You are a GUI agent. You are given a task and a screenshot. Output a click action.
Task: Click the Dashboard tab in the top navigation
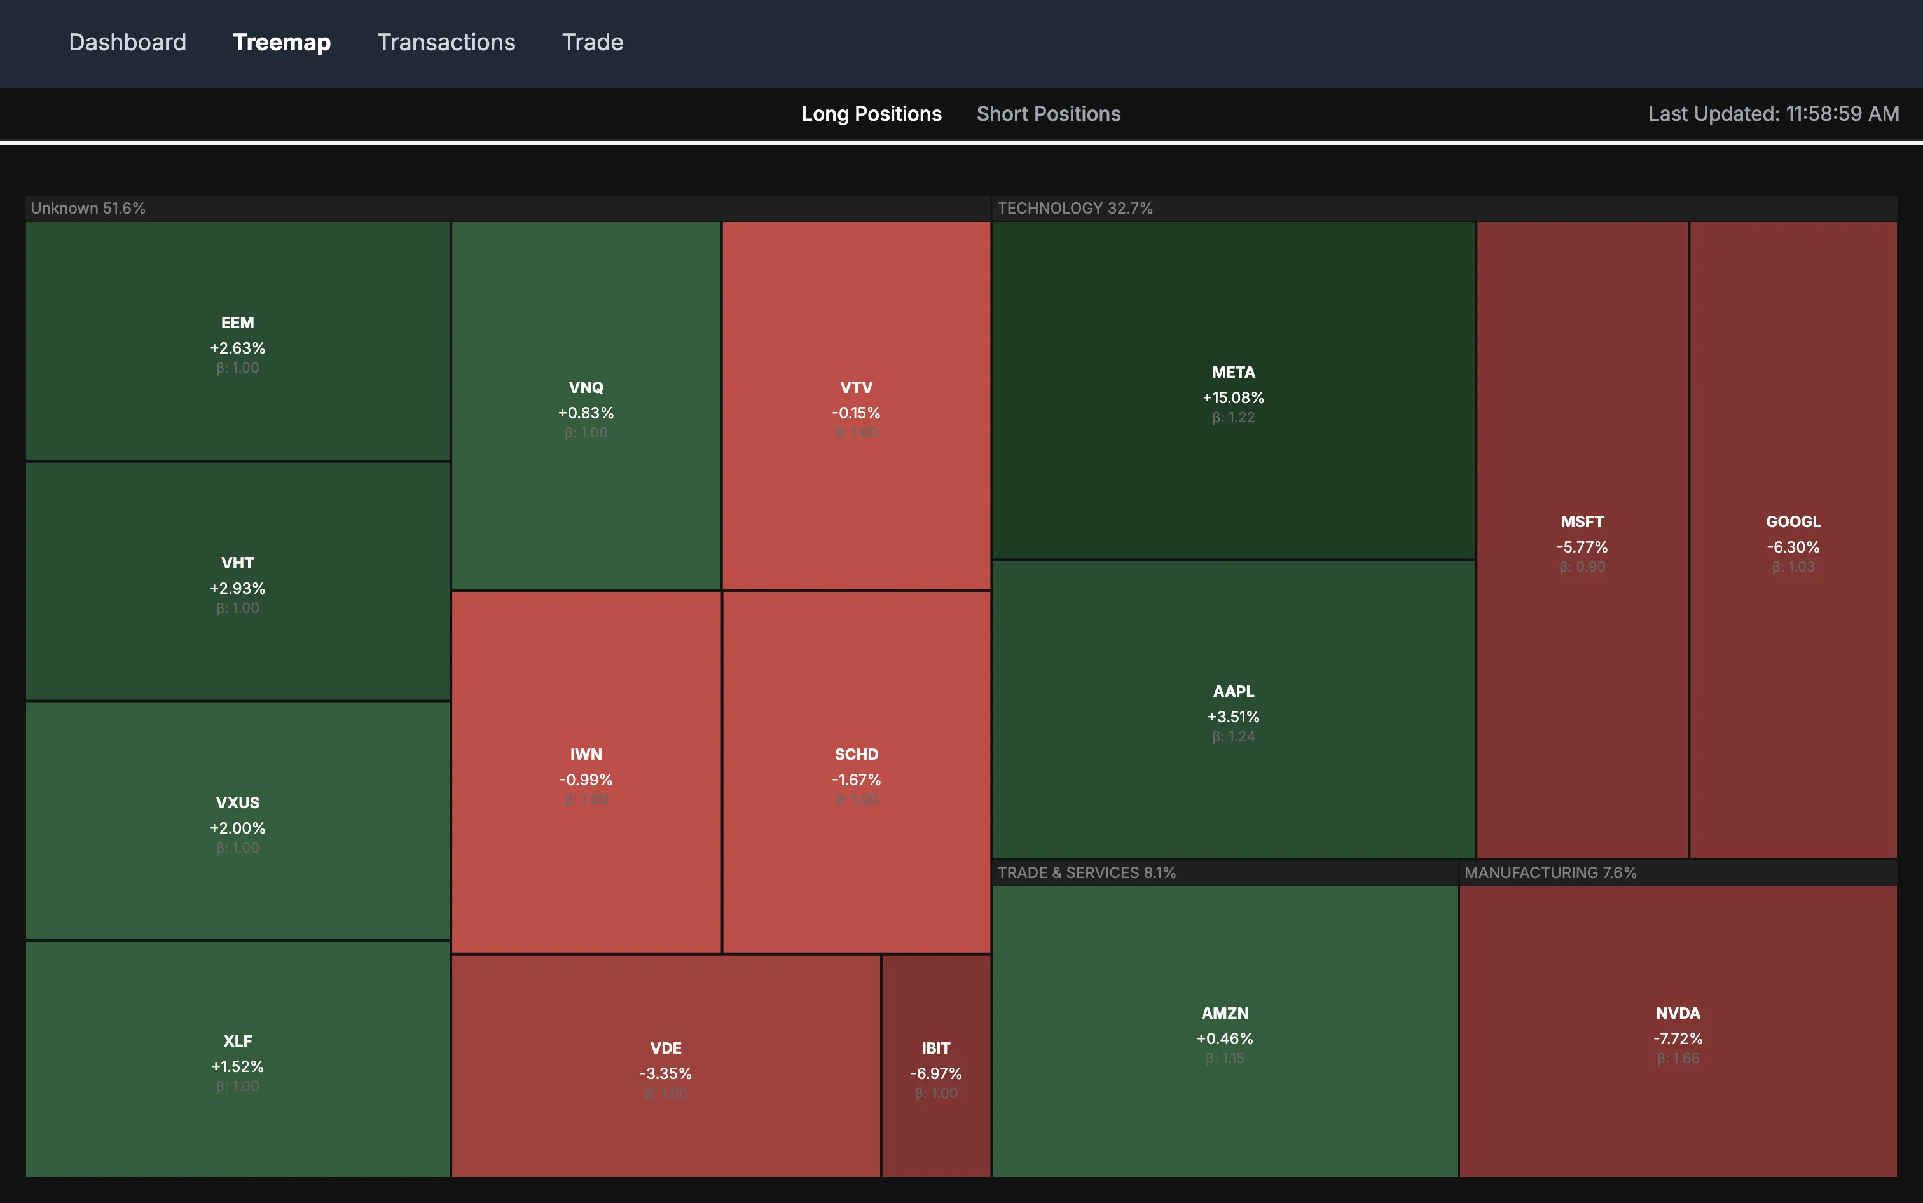pos(127,42)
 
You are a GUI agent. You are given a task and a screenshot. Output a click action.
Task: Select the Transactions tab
pos(446,42)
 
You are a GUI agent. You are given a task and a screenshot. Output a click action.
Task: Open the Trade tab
pos(592,42)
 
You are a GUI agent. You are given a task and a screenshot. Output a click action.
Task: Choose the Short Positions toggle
pos(1048,114)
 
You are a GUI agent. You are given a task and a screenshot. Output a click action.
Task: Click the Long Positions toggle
pos(871,114)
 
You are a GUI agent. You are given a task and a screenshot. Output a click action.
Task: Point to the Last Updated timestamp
pos(1773,114)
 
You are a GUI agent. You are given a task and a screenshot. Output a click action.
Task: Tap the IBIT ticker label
pos(935,1048)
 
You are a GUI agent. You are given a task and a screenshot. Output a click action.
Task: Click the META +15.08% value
pos(1232,397)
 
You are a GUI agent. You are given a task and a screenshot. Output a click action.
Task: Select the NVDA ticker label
pos(1677,1013)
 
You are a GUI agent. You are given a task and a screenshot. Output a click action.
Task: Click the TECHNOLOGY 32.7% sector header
pos(1074,209)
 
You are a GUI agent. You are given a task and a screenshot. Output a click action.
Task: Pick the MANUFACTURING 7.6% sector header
pos(1550,873)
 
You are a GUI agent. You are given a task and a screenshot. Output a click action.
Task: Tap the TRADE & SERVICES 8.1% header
pos(1086,873)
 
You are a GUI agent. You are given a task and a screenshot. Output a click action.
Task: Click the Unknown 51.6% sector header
pos(88,209)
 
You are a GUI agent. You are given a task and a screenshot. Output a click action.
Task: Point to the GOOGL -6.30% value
pos(1793,547)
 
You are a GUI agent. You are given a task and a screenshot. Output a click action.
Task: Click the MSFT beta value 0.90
pos(1582,567)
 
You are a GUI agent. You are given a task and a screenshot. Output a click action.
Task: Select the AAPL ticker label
pos(1232,691)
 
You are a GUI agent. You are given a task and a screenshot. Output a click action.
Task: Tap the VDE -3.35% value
pos(665,1073)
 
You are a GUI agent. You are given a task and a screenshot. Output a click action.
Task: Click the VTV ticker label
pos(856,387)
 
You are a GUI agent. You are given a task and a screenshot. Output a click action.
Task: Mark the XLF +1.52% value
pos(237,1066)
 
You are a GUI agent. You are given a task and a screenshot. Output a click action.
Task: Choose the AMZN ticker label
pos(1225,1013)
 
